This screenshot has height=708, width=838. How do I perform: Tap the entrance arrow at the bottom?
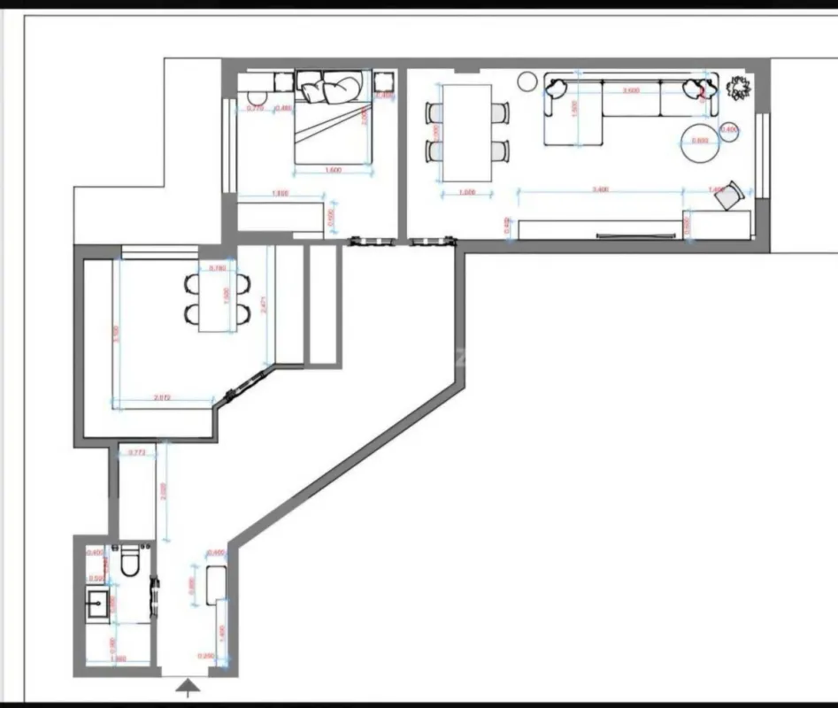(188, 685)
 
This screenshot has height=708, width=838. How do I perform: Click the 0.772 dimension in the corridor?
(137, 452)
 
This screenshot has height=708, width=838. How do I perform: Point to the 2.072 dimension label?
(162, 398)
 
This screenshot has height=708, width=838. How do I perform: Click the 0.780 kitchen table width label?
(217, 267)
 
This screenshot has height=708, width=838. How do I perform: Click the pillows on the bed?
(327, 88)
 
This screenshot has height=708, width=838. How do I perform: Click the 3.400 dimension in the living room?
(599, 189)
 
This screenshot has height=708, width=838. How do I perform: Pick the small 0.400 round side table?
(730, 130)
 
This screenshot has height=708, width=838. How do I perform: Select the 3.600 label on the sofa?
(632, 90)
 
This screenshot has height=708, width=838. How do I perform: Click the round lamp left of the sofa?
(527, 82)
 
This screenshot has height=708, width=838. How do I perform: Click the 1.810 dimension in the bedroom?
(280, 193)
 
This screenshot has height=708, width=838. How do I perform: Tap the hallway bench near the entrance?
(216, 585)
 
